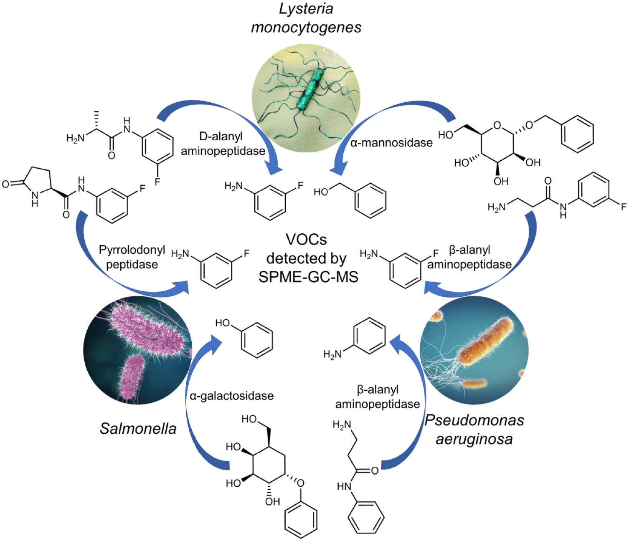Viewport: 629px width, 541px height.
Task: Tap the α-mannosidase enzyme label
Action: coord(391,143)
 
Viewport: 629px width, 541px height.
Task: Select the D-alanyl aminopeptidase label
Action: coord(223,144)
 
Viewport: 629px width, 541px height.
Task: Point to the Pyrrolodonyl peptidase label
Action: coord(132,257)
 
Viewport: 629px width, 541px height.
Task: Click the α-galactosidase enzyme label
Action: coord(232,396)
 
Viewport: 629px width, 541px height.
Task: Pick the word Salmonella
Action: coord(138,428)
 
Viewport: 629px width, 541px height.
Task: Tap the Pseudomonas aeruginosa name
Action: coord(474,430)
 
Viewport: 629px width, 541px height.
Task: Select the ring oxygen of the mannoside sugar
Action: coord(497,125)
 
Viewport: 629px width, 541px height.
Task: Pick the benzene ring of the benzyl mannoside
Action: coord(578,134)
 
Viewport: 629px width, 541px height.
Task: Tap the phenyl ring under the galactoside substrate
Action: coord(301,519)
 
